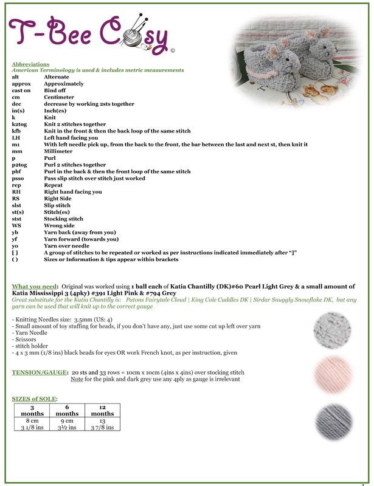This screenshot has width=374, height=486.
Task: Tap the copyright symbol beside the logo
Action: click(173, 51)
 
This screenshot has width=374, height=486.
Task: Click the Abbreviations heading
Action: click(30, 64)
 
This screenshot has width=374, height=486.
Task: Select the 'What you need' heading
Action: click(33, 286)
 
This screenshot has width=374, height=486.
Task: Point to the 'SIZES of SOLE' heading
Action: click(35, 399)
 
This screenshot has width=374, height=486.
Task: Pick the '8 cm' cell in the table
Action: click(32, 420)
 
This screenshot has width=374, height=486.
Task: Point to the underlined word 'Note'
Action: click(77, 379)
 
